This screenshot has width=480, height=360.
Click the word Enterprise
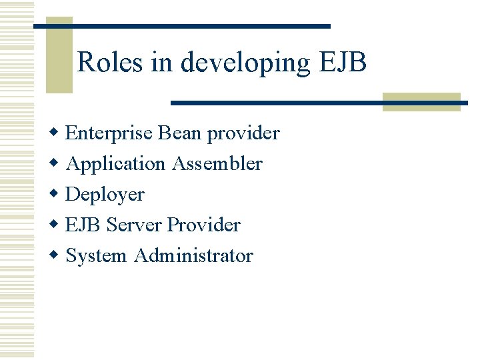coord(110,133)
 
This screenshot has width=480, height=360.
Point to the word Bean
coord(180,133)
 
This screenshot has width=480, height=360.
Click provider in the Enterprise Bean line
coord(243,133)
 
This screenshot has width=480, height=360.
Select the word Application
coord(115,164)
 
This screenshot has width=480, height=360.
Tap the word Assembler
coord(217,163)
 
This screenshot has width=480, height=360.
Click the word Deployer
coord(105,195)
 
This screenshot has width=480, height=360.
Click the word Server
coord(135,225)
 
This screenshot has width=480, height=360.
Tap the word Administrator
coord(193,255)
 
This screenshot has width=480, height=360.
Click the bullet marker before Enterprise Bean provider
coord(55,133)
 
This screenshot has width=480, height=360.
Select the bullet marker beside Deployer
coord(55,194)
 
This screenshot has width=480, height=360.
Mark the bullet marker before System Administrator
coord(55,255)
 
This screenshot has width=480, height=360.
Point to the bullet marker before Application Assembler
coord(55,163)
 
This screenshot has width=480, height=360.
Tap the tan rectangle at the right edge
coord(421,101)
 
